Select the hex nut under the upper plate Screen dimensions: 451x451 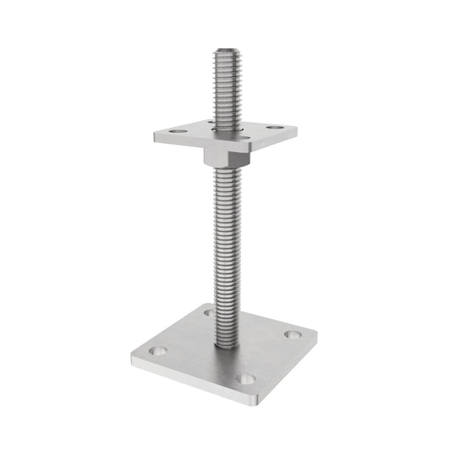click(224, 155)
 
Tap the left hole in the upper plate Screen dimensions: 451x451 click(174, 133)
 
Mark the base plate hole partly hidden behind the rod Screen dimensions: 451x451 click(208, 312)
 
